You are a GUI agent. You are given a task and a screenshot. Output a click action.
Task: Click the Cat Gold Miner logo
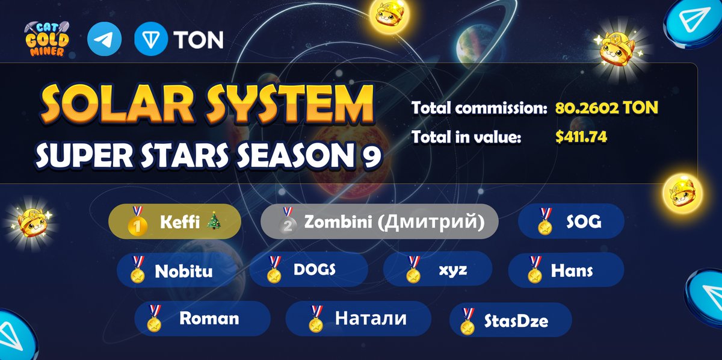[47, 39]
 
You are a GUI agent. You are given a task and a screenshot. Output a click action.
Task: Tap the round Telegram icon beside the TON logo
[105, 39]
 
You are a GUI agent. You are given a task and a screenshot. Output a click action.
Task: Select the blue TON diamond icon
[151, 39]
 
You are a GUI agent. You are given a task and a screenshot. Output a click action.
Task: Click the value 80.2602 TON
[606, 107]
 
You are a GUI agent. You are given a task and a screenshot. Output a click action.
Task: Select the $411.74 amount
[581, 137]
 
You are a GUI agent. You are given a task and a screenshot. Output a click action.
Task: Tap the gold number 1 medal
[137, 222]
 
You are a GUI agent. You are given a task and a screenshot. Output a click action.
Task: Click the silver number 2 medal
[288, 222]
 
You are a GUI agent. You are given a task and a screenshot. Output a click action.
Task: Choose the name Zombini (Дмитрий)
[394, 222]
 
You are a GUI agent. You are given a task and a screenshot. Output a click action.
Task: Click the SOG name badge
[571, 222]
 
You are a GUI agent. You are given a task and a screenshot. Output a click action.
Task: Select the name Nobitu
[184, 271]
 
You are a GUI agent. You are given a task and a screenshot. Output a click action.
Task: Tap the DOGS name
[315, 270]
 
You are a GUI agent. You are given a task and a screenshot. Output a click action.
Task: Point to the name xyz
[453, 270]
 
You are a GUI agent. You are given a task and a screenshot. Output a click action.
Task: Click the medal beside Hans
[535, 270]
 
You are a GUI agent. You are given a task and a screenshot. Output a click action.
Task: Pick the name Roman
[209, 318]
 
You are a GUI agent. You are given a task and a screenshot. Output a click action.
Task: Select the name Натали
[371, 318]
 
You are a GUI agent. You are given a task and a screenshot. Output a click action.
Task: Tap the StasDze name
[516, 321]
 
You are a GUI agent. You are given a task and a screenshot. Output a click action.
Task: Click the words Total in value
[466, 137]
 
